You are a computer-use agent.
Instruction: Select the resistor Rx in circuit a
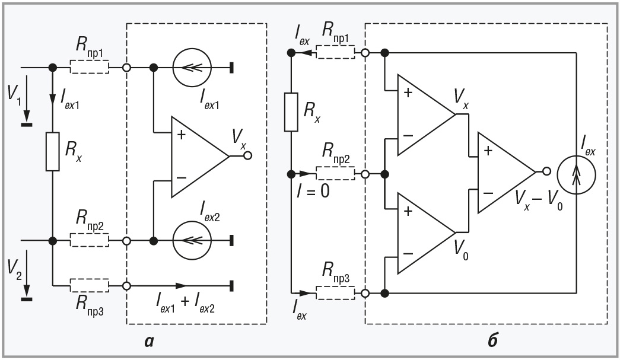[53, 152]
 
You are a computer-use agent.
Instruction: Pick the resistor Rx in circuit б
[291, 111]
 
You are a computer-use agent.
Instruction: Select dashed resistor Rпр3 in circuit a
[89, 285]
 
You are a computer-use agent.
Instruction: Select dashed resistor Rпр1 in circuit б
[335, 53]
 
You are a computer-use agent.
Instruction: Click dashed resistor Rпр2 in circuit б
[335, 174]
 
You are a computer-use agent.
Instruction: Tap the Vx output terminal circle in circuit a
[247, 157]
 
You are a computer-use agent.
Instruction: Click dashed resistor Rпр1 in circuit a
[89, 68]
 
